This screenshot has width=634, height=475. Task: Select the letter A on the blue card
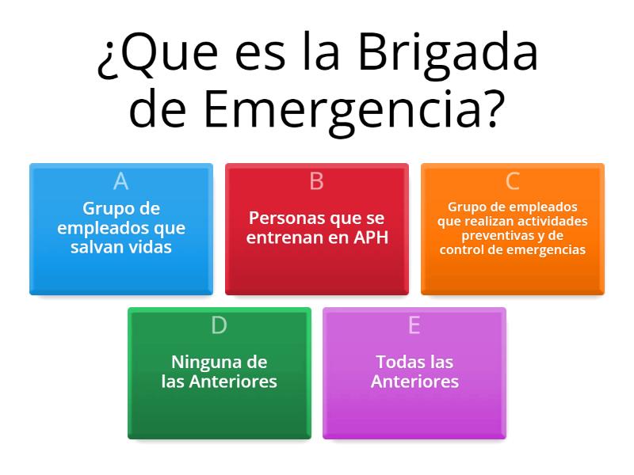(120, 181)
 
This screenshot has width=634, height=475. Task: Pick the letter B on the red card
(316, 181)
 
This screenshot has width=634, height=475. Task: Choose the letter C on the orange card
(512, 181)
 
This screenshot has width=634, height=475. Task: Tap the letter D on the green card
(219, 325)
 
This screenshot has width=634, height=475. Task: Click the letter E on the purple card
(414, 325)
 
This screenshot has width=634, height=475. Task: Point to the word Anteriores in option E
(414, 382)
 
